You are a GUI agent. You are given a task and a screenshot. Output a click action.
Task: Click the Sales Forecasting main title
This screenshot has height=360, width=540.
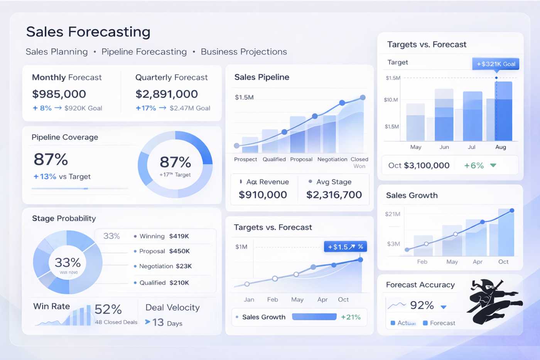click(x=88, y=32)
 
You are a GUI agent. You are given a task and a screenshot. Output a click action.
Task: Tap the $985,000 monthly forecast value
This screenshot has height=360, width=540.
click(x=59, y=94)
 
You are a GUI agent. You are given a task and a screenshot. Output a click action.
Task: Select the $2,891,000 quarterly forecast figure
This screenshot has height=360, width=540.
click(x=167, y=94)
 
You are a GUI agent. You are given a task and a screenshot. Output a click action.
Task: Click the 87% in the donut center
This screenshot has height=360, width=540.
click(x=175, y=162)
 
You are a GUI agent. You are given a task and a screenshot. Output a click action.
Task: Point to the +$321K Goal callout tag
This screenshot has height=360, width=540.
click(x=496, y=64)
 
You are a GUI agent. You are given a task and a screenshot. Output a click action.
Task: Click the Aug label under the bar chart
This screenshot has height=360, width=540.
click(x=500, y=147)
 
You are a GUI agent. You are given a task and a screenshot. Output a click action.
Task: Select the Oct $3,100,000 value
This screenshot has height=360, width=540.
click(x=419, y=166)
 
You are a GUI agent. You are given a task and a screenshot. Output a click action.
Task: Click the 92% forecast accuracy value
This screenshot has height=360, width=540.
click(x=422, y=305)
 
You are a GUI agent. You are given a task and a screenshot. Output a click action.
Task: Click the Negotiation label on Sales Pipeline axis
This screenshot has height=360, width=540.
click(x=332, y=159)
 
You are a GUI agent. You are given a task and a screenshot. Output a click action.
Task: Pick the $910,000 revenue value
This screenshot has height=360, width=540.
click(x=263, y=195)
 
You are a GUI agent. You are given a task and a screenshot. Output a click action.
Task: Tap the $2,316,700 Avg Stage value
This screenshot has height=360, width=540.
click(x=334, y=195)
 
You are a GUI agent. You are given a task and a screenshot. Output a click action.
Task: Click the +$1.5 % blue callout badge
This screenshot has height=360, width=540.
click(x=345, y=247)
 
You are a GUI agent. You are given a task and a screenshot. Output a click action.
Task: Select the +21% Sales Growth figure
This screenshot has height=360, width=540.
click(x=351, y=317)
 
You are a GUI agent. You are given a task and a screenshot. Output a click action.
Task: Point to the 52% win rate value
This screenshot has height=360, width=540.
click(x=108, y=309)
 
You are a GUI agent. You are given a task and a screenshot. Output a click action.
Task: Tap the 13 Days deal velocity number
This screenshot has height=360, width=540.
click(x=158, y=322)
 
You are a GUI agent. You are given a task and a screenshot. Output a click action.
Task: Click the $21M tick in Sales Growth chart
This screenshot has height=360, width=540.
click(x=392, y=214)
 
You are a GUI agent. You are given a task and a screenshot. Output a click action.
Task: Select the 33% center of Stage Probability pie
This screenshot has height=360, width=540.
click(x=67, y=263)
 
